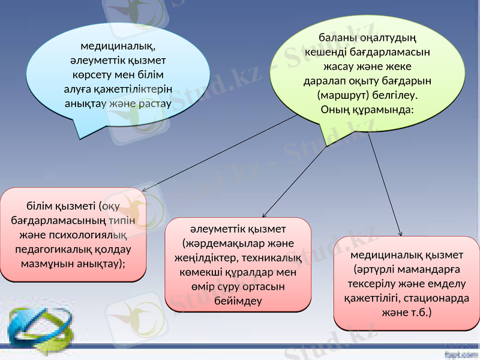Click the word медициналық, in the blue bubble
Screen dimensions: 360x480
(118, 46)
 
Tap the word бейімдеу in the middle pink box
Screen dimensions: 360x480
(238, 301)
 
